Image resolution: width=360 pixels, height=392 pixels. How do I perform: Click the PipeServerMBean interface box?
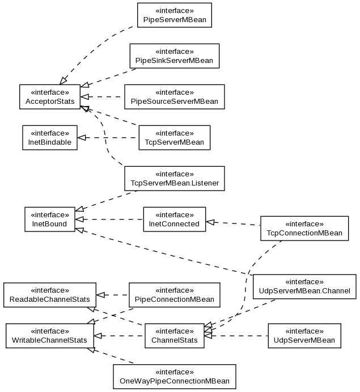coord(175,15)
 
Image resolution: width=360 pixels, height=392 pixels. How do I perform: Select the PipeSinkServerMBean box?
coord(175,56)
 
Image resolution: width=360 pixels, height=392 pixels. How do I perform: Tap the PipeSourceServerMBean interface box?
coord(175,97)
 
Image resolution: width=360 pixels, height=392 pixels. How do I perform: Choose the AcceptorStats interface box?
coord(50,97)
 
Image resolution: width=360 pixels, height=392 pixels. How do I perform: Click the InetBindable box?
coord(50,138)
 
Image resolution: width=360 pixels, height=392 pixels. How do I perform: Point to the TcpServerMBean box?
coord(175,138)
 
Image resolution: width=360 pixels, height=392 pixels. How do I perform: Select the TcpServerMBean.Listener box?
coord(175,179)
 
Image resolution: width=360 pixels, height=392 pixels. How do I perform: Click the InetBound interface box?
coord(50,219)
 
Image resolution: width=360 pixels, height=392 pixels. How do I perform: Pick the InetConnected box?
coord(175,219)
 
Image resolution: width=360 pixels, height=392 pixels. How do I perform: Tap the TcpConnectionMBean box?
coord(304,229)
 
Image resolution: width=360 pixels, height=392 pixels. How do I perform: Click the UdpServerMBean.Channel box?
coord(304,286)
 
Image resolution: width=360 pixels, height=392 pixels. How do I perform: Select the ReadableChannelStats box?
coord(50,295)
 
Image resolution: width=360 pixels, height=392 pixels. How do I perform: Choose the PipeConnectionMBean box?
coord(175,295)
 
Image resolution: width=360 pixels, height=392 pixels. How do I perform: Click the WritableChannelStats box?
coord(50,336)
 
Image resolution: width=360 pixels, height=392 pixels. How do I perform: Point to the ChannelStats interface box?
coord(175,336)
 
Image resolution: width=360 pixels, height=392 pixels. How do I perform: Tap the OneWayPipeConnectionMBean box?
coord(175,377)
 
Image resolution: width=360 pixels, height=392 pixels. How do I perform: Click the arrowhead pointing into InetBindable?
coord(82,138)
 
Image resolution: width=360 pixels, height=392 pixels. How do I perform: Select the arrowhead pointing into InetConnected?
coord(210,222)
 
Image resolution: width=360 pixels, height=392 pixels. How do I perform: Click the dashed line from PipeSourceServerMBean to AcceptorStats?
coord(103,97)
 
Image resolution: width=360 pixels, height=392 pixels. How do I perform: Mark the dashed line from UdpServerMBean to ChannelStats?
coord(236,336)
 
